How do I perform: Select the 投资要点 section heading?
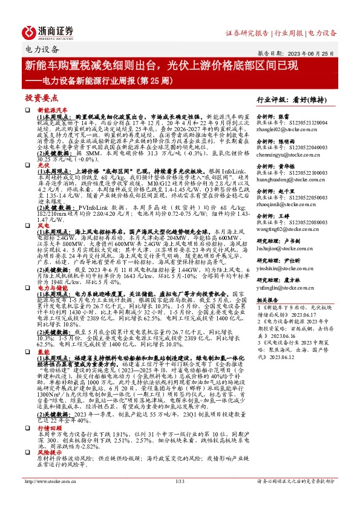pyautogui.click(x=41, y=97)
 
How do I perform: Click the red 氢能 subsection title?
pyautogui.click(x=43, y=351)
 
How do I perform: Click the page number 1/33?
pyautogui.click(x=179, y=498)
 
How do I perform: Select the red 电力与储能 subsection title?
pyautogui.click(x=51, y=287)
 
